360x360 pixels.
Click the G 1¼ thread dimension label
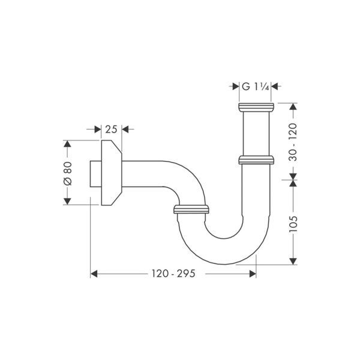(x=256, y=86)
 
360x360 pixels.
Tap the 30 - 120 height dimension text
(x=293, y=139)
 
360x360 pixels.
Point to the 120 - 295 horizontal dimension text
(x=173, y=274)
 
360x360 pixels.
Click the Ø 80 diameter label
(x=67, y=173)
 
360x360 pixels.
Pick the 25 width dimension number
(x=110, y=129)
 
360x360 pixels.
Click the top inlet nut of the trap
(x=256, y=108)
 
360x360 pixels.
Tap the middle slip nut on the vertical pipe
(x=256, y=160)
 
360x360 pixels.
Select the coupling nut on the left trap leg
(x=191, y=209)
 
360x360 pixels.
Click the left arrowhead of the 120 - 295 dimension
(x=94, y=274)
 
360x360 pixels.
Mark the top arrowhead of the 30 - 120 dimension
(x=293, y=107)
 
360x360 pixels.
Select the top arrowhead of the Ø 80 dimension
(x=67, y=145)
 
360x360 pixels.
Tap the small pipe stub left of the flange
(x=94, y=173)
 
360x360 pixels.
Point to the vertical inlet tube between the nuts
(x=256, y=134)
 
